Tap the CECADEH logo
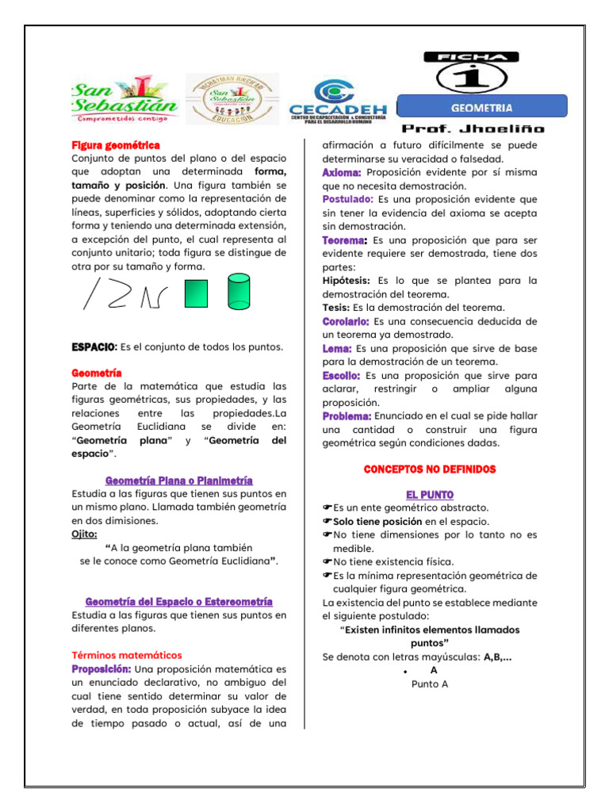point(337,101)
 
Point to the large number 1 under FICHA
point(471,77)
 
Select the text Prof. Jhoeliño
point(473,128)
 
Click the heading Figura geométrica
point(116,145)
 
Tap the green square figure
point(195,294)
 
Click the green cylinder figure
point(238,291)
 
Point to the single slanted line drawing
point(93,293)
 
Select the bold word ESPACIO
point(94,347)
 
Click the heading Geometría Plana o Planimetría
point(179,481)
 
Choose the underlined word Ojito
point(85,534)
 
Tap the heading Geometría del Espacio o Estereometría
point(179,602)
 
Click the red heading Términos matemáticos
point(127,655)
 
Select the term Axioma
point(342,172)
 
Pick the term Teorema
point(344,239)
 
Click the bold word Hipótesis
point(347,280)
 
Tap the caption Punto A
point(430,684)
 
